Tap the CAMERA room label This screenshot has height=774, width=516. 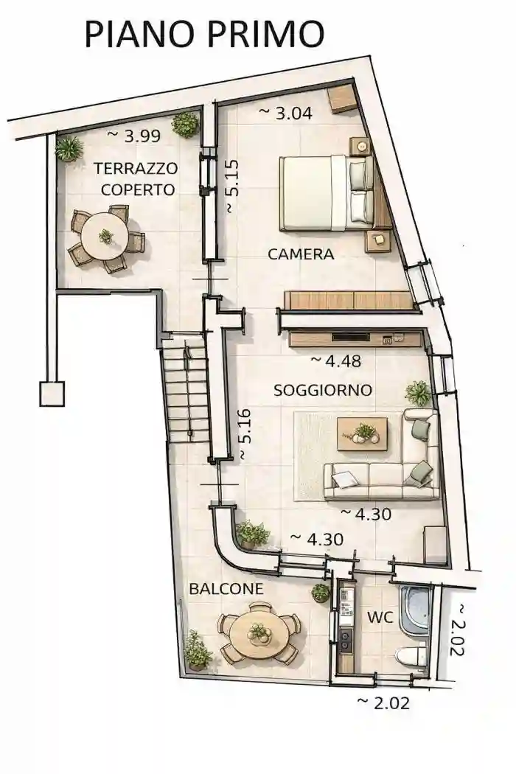tap(301, 254)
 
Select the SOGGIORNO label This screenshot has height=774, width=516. tap(322, 390)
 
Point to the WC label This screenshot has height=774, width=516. tap(380, 617)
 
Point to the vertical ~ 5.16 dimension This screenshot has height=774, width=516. tap(245, 436)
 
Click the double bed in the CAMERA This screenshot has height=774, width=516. tap(324, 192)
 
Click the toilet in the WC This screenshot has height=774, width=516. tap(412, 655)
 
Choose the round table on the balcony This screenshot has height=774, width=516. tap(259, 634)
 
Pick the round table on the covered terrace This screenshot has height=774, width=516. tap(105, 237)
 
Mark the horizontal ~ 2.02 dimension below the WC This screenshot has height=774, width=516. tap(383, 702)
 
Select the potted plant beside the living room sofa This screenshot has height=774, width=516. tap(418, 393)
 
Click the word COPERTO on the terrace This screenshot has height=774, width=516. tap(138, 189)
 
